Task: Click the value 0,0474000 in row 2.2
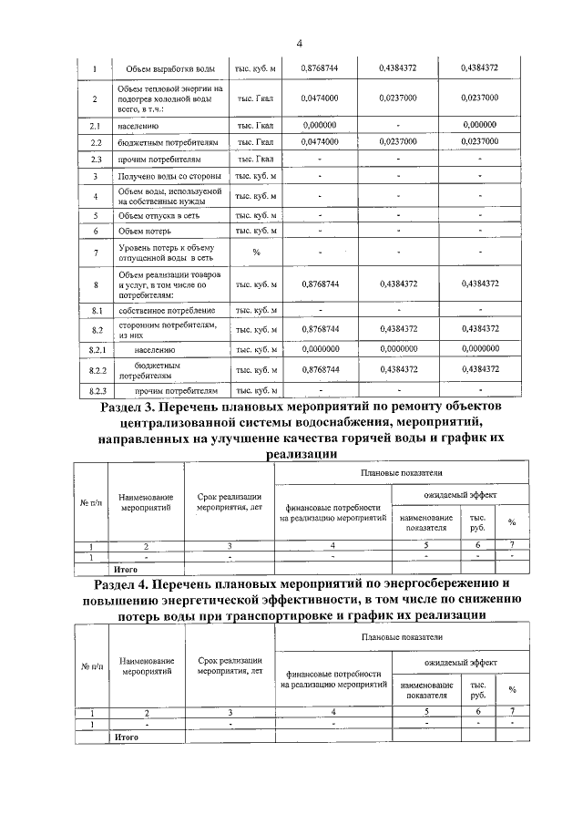coord(320,142)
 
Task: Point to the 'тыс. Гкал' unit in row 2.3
coord(255,160)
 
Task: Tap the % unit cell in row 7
coord(255,253)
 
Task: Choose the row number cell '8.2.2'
coord(97,370)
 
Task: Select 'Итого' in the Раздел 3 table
coord(126,569)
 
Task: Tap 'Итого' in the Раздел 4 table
coord(126,737)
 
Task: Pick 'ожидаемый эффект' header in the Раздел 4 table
coord(459,665)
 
